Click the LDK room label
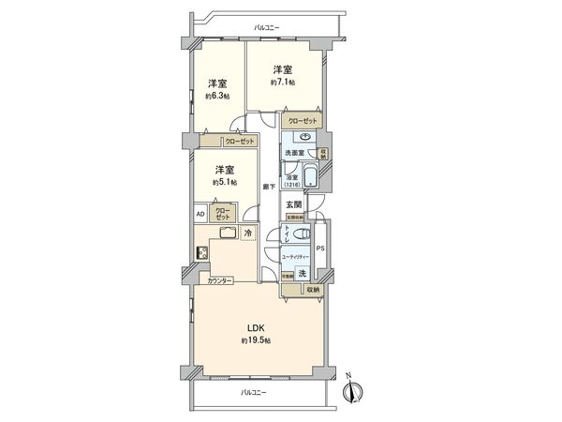tap(256, 327)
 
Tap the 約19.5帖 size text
tap(256, 340)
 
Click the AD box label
tap(200, 213)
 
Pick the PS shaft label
tap(319, 249)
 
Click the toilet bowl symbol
tap(298, 234)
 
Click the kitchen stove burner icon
tap(201, 251)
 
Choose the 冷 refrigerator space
tap(248, 233)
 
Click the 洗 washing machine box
tap(301, 273)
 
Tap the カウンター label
tap(220, 279)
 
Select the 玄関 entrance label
tap(292, 203)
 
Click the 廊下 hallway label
tap(270, 186)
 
